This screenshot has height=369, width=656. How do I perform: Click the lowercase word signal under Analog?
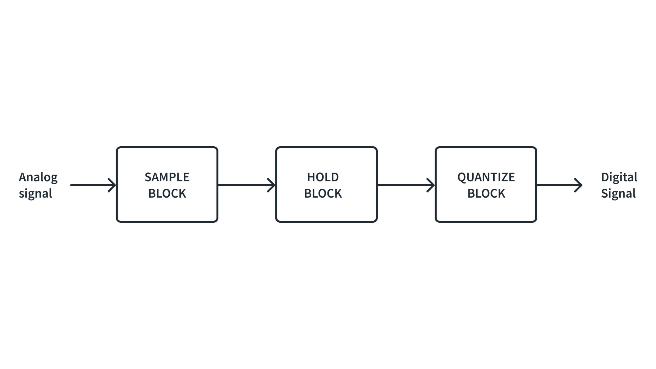[x=35, y=194]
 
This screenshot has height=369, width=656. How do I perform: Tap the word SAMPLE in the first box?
[x=167, y=177]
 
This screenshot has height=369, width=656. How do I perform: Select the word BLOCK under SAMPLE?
[x=167, y=193]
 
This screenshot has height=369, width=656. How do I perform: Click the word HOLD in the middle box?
[x=323, y=177]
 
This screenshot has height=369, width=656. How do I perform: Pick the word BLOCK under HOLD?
[x=323, y=193]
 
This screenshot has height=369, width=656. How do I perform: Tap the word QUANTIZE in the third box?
[x=486, y=177]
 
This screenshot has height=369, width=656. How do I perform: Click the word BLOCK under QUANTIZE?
[x=486, y=193]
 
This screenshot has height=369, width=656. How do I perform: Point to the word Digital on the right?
[x=619, y=177]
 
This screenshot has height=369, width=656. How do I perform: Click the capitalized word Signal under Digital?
[x=618, y=193]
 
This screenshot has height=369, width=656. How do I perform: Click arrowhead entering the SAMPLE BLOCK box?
[x=112, y=185]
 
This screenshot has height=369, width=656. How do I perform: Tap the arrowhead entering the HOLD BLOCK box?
[x=272, y=185]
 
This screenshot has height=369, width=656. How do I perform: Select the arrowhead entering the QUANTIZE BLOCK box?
[x=431, y=185]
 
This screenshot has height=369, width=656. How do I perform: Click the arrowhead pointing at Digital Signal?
[x=579, y=185]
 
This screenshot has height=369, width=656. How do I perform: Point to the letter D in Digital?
[x=605, y=177]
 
